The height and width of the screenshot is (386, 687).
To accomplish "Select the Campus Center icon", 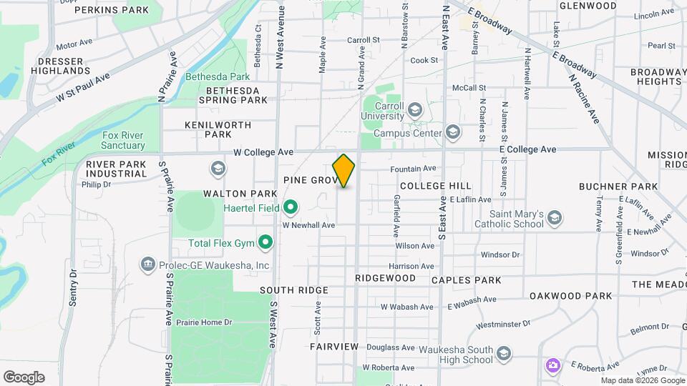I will pyautogui.click(x=452, y=132).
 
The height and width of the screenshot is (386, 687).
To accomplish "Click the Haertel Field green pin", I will pyautogui.click(x=290, y=208).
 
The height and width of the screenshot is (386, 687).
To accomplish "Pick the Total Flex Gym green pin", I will pyautogui.click(x=265, y=243).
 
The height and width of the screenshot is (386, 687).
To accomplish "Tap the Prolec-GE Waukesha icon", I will pyautogui.click(x=148, y=265).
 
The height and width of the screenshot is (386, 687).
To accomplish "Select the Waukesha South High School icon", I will pyautogui.click(x=504, y=355).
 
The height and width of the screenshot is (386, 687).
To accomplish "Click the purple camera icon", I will pyautogui.click(x=552, y=365).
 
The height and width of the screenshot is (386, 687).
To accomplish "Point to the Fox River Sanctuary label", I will pyautogui.click(x=114, y=141).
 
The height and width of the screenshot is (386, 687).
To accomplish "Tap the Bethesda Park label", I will pyautogui.click(x=218, y=76).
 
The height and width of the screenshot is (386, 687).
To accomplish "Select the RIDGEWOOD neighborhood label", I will pyautogui.click(x=385, y=277).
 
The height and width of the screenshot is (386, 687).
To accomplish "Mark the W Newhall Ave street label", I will pyautogui.click(x=308, y=225).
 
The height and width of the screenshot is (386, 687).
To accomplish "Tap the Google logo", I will pyautogui.click(x=24, y=377).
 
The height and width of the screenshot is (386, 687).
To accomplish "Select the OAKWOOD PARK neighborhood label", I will pyautogui.click(x=570, y=296).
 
